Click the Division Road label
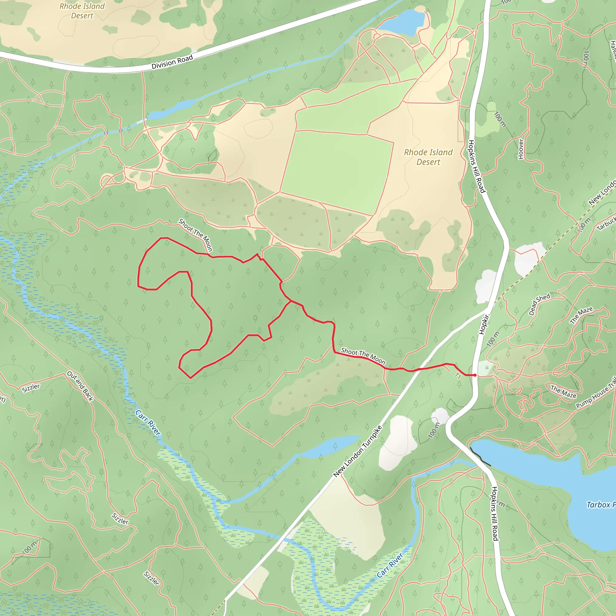coord(172,62)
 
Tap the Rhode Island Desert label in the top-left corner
coord(82,11)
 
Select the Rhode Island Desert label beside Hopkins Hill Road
coord(428,157)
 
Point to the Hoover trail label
coord(521,149)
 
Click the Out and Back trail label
coord(80,386)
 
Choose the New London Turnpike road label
coord(357,451)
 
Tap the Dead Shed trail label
coord(540,304)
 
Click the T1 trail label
coord(458,376)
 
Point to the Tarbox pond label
coord(601,505)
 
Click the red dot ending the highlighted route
coord(475,375)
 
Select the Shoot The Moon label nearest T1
coord(363,356)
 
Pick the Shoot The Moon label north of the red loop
coord(195,235)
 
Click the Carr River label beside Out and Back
coord(148,423)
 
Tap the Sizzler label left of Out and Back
coord(31,388)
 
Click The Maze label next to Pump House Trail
coord(563,392)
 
